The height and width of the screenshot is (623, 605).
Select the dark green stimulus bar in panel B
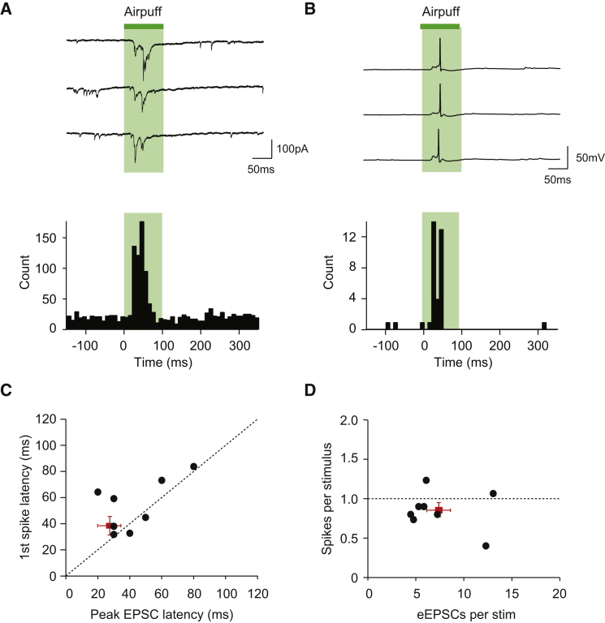coord(440,26)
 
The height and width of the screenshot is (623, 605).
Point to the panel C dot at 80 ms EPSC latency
coord(193,466)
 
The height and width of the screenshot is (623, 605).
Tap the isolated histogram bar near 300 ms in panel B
coord(544,325)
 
